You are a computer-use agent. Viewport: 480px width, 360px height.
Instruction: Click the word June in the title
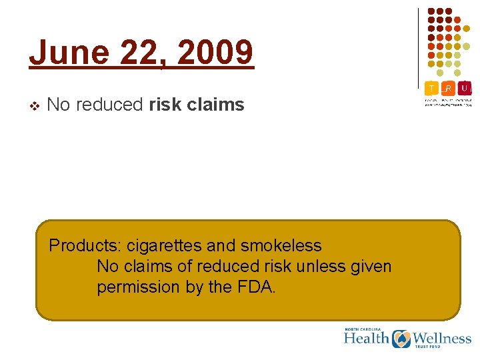tap(67, 52)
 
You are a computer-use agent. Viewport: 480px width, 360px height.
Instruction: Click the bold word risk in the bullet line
tap(167, 105)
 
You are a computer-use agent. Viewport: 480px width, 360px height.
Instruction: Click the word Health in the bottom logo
tap(366, 338)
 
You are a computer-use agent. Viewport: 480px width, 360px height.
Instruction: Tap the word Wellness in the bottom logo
tap(442, 338)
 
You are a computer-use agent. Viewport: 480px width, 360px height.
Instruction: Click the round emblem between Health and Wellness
tap(401, 339)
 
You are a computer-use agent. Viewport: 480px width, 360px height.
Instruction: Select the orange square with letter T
tap(432, 87)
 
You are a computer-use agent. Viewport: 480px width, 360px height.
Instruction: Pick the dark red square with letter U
tap(464, 87)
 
